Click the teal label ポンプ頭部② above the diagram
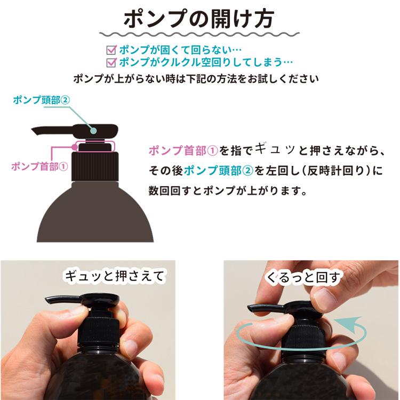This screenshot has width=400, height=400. tap(42, 99)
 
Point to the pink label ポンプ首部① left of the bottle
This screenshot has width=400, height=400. tap(39, 166)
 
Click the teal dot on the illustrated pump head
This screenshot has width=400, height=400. tap(94, 129)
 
